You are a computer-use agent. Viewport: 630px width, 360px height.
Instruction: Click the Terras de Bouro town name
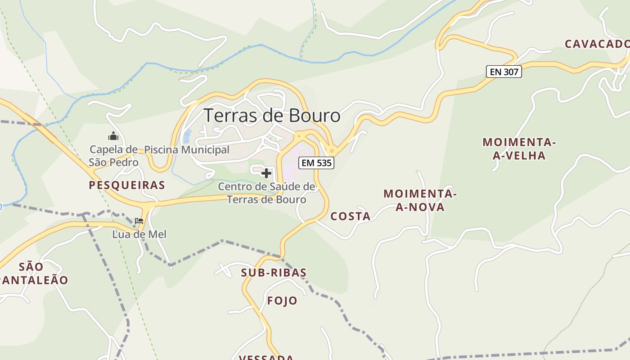[272, 116]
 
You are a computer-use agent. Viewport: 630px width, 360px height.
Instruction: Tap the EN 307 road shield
[504, 72]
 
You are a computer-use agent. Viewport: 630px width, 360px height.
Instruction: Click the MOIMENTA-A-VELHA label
[519, 149]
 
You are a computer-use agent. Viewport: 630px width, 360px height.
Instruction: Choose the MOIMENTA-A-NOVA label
[420, 200]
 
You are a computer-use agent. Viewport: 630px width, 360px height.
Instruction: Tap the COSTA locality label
[351, 216]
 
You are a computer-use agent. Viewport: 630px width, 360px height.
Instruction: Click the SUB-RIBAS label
[274, 272]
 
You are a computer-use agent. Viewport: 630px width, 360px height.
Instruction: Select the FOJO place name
[282, 301]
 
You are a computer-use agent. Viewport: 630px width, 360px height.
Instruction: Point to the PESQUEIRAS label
[127, 185]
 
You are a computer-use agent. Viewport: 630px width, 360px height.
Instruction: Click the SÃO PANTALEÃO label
[32, 273]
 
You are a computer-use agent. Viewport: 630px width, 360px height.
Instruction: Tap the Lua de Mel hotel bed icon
[139, 221]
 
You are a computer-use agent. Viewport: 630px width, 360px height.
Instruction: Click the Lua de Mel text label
[139, 234]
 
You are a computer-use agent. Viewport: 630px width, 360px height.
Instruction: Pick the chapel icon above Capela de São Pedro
[113, 136]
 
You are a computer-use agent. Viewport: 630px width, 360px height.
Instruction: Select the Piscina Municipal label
[186, 150]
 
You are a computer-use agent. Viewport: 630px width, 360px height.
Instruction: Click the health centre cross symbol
[266, 173]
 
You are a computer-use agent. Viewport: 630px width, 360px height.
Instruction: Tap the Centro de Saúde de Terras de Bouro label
[266, 193]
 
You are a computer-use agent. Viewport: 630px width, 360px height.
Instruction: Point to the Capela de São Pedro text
[113, 156]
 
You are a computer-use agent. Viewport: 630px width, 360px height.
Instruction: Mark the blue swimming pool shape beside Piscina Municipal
[187, 135]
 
